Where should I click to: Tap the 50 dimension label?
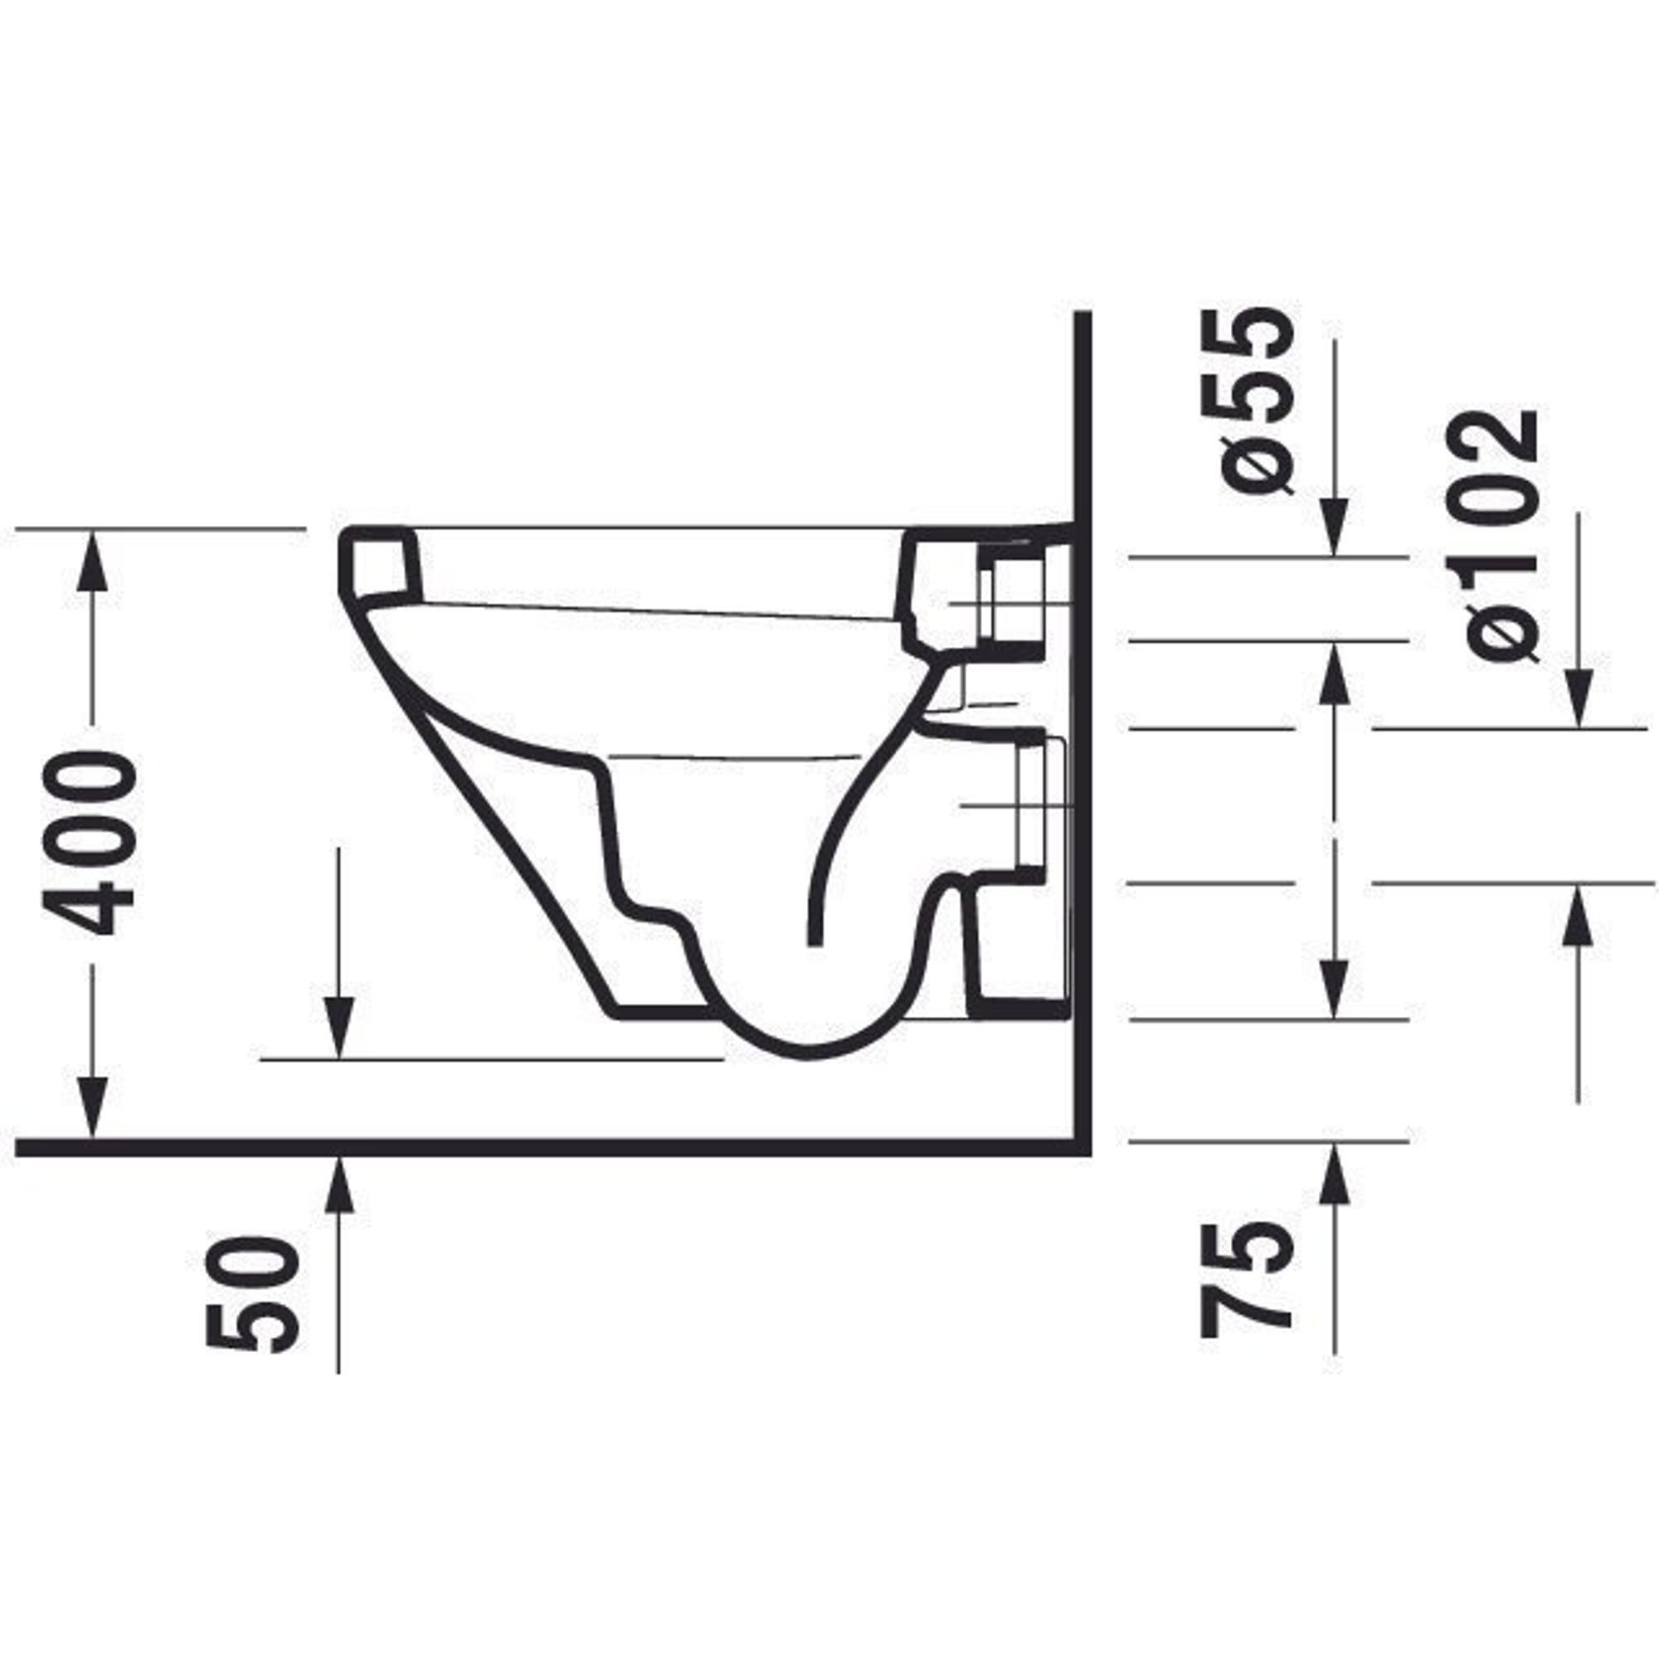tap(254, 1295)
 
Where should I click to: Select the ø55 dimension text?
tap(1258, 401)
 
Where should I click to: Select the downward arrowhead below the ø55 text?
tap(1334, 526)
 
